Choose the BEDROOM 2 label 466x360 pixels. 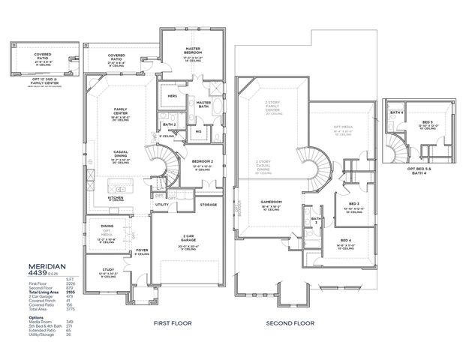point(203,162)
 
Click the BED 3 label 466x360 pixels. point(353,204)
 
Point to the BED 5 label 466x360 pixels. point(427,121)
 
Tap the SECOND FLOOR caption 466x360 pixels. point(289,323)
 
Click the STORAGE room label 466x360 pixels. point(209,204)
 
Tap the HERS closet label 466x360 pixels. point(172,96)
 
